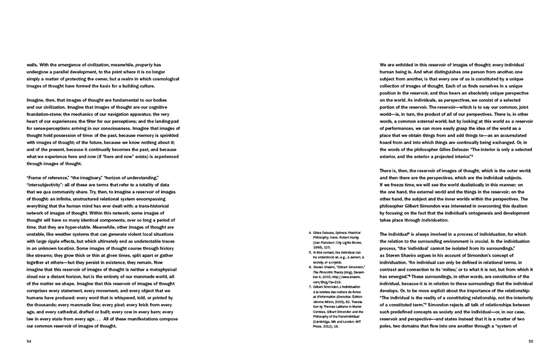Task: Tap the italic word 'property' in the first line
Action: click(143, 64)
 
